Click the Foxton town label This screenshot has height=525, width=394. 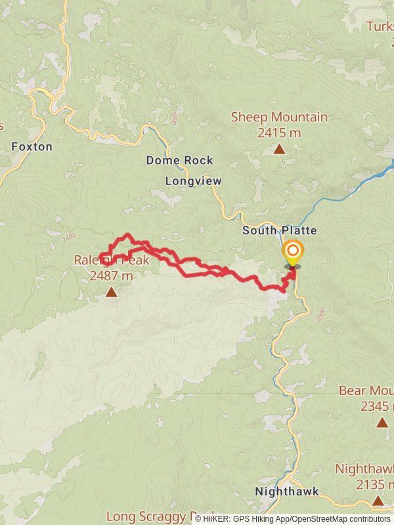click(32, 146)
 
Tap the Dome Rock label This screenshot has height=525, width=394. click(179, 160)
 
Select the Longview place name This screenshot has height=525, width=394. click(193, 180)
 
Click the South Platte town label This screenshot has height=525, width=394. click(279, 230)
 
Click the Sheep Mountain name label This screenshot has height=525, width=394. click(279, 117)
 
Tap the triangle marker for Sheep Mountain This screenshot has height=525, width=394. click(279, 150)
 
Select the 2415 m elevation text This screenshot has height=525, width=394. click(279, 133)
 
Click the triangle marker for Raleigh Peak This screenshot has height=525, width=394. click(111, 292)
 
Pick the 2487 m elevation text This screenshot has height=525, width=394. click(110, 276)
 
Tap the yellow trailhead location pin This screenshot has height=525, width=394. click(293, 253)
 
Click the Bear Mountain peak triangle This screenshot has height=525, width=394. click(382, 423)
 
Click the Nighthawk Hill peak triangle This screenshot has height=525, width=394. click(378, 501)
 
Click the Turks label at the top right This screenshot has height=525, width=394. click(380, 27)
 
